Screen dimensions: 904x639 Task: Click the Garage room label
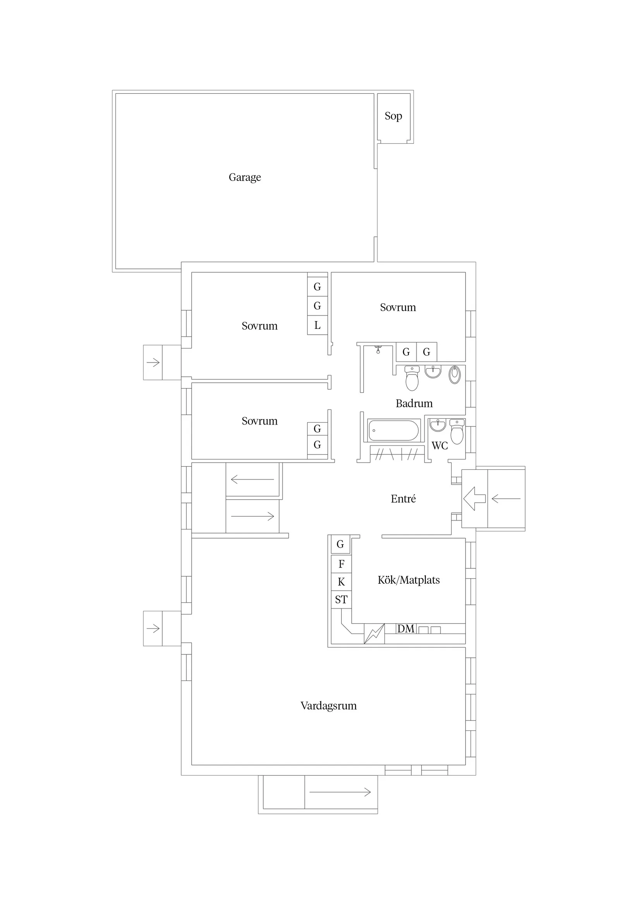point(244,177)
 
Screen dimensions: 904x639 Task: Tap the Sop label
point(393,116)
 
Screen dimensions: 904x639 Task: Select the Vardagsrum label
point(328,706)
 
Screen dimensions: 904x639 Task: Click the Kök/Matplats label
point(408,580)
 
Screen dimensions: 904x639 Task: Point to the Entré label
point(403,499)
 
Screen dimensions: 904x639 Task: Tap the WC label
point(440,446)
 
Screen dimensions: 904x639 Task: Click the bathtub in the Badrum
point(393,430)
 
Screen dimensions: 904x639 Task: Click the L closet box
point(317,325)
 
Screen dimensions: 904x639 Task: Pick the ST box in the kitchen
point(341,600)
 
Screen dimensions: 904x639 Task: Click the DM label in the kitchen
point(405,629)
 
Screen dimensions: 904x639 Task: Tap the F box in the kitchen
point(341,564)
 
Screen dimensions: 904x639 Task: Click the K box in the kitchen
point(341,582)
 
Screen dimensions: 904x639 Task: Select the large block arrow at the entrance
point(474,498)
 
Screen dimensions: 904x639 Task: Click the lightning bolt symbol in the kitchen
point(374,634)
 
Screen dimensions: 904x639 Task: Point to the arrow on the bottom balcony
point(340,792)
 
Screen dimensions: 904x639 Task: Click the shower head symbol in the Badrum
point(378,349)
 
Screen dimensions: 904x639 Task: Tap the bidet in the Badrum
point(454,375)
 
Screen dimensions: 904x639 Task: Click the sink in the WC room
point(437,426)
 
